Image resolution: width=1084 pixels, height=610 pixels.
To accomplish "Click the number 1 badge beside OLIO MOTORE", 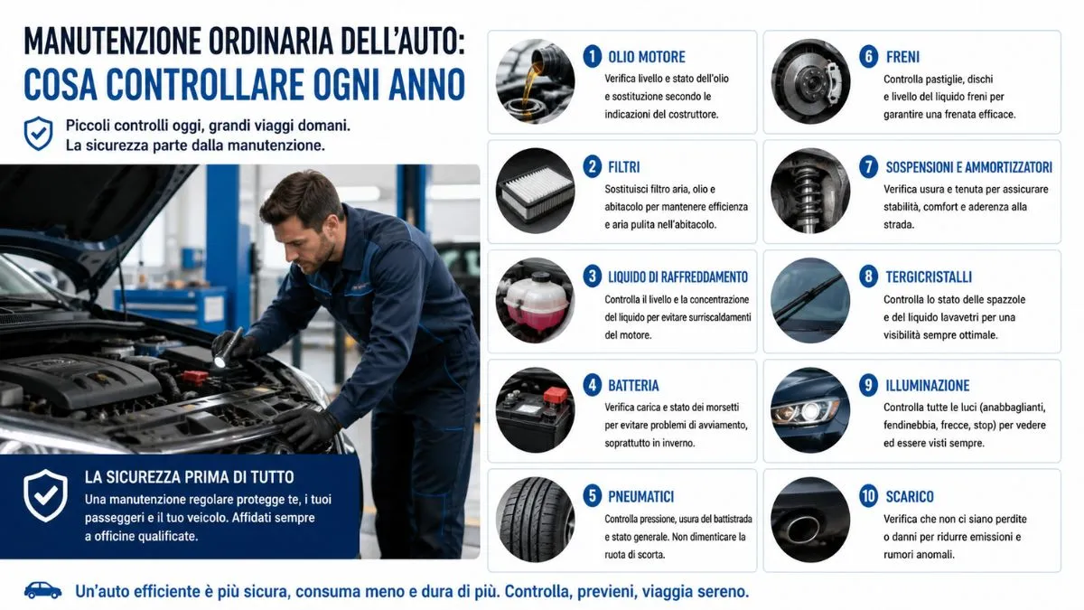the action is [593, 56].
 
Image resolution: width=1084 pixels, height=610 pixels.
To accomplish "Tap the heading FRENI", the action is [902, 57].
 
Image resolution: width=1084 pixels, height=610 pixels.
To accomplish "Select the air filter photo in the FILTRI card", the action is [535, 191].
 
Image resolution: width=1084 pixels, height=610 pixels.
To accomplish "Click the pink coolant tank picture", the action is [535, 301].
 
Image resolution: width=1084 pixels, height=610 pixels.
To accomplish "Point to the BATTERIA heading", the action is [633, 385].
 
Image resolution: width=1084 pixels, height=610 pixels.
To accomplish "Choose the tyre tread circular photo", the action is [535, 520].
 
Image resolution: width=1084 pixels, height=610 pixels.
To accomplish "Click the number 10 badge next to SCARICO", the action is [869, 496].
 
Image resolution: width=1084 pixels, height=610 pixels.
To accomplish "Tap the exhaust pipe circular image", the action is [810, 520].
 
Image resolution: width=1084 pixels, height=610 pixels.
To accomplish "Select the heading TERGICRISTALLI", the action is [929, 277].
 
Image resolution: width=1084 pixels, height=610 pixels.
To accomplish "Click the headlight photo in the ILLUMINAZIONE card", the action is [810, 410].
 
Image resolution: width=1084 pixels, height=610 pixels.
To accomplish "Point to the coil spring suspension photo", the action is [810, 191].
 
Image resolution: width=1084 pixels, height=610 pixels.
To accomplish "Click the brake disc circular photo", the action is [810, 81].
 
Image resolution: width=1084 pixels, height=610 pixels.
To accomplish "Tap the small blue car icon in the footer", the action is [42, 590].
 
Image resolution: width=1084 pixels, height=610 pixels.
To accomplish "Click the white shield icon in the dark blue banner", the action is [45, 495].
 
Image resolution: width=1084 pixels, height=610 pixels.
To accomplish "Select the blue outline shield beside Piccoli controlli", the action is [38, 133].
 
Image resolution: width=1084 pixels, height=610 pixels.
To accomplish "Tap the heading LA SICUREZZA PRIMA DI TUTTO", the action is [189, 477].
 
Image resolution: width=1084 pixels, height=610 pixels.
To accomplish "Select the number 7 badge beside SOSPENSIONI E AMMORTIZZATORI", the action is [869, 167].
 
